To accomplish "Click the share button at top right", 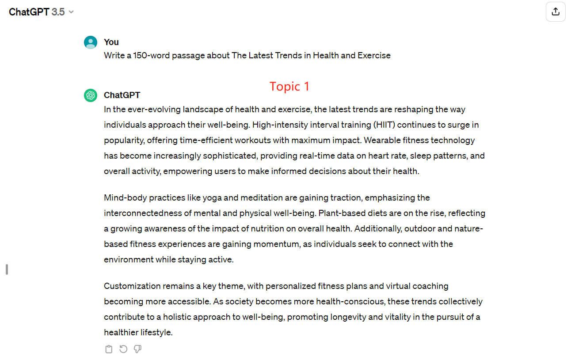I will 556,12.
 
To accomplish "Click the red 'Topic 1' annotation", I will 289,87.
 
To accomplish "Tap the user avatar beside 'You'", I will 91,42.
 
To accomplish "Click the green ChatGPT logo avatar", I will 91,95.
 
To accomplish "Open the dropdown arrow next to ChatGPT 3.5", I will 71,12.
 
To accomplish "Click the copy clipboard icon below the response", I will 109,349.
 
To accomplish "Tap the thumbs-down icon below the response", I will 137,349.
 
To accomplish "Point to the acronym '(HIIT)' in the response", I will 384,125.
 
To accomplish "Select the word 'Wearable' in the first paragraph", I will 381,140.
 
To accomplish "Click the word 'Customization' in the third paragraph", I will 132,286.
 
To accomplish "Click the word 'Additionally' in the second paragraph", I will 378,229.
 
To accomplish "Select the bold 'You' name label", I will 111,42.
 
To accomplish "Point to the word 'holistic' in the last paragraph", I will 179,317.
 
